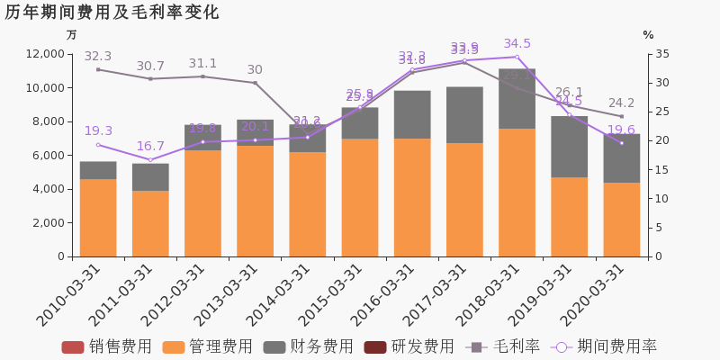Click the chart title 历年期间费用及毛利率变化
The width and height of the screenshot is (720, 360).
tap(112, 13)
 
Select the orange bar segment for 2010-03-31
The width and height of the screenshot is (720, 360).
tap(98, 218)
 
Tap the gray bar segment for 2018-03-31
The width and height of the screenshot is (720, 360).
tap(517, 99)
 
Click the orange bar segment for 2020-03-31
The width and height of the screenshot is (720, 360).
tap(621, 220)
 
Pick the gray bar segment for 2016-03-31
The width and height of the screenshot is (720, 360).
tap(412, 114)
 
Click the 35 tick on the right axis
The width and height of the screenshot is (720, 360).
tap(662, 54)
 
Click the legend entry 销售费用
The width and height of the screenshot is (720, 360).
tap(107, 347)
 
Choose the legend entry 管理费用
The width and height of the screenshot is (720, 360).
tap(208, 347)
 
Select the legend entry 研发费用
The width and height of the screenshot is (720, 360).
tap(409, 347)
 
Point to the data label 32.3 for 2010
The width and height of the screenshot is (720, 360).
tap(98, 57)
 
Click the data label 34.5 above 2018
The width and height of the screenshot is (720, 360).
tap(517, 44)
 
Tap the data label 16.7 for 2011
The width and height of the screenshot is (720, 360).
tap(150, 147)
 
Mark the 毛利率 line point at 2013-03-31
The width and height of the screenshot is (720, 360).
tap(255, 83)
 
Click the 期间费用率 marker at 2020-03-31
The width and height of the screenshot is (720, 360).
tap(621, 143)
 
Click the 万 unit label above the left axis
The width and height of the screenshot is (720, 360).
tap(72, 35)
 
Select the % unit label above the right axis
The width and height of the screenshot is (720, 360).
tap(648, 35)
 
